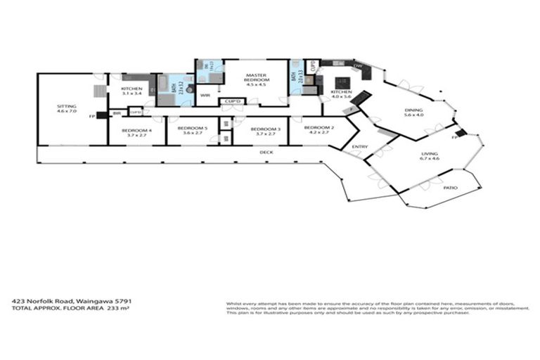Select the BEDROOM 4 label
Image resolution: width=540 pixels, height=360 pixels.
(136, 130)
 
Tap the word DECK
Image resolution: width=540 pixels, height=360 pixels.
(266, 152)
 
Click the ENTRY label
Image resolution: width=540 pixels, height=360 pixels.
(360, 146)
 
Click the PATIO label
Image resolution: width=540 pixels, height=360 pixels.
(450, 188)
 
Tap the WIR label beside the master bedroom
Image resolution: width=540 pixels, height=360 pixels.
(206, 95)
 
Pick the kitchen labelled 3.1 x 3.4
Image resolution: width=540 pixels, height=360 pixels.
(131, 90)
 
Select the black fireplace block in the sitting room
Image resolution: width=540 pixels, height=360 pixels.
(101, 115)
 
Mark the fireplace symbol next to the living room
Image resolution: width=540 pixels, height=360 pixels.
(461, 133)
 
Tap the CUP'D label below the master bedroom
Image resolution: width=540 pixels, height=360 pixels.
(231, 101)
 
